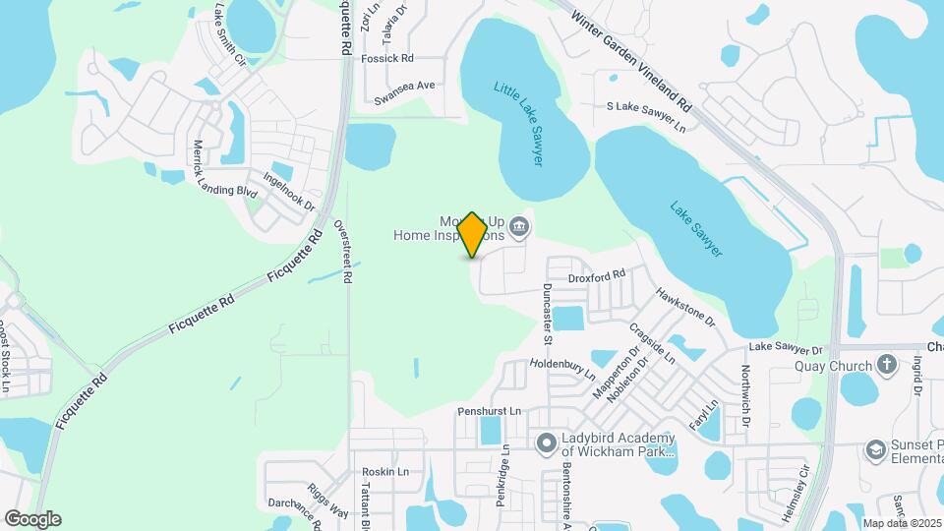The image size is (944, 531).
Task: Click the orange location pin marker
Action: [x=473, y=235]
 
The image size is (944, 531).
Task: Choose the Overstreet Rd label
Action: [x=342, y=252]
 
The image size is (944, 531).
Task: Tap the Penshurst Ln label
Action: [x=488, y=410]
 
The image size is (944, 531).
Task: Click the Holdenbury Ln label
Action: [x=563, y=366]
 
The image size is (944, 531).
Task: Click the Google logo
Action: [x=32, y=518]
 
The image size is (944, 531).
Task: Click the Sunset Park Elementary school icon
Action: [x=874, y=450]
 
